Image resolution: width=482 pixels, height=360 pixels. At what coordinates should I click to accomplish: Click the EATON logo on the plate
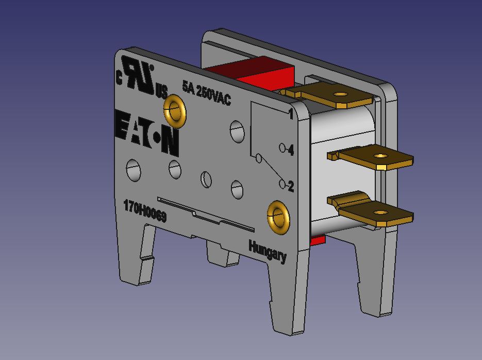pyautogui.click(x=146, y=132)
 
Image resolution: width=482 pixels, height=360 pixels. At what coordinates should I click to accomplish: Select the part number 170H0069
pyautogui.click(x=145, y=211)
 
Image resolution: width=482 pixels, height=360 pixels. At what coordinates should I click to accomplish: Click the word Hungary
pyautogui.click(x=267, y=251)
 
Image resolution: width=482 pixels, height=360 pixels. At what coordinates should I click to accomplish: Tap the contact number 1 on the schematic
pyautogui.click(x=291, y=114)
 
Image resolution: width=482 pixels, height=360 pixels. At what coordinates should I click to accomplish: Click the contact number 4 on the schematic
pyautogui.click(x=291, y=150)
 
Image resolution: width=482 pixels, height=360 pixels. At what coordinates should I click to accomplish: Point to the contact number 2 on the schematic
pyautogui.click(x=291, y=186)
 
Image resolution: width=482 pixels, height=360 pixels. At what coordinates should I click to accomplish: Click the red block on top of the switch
pyautogui.click(x=258, y=72)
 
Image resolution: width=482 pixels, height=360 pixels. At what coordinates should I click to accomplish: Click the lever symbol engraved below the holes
pyautogui.click(x=206, y=214)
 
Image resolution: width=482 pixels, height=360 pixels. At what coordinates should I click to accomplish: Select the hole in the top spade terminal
pyautogui.click(x=340, y=94)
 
